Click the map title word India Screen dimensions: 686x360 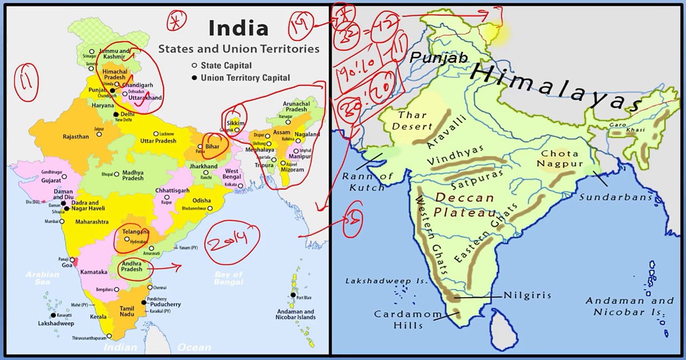pyautogui.click(x=238, y=28)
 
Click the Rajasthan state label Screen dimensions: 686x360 pyautogui.click(x=76, y=136)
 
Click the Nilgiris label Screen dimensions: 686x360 pyautogui.click(x=527, y=295)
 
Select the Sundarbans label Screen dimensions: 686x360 pyautogui.click(x=616, y=197)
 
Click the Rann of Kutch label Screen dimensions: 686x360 pyautogui.click(x=368, y=181)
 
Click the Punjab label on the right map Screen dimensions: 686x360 pyautogui.click(x=439, y=58)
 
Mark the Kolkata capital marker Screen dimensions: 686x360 pyautogui.click(x=240, y=184)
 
